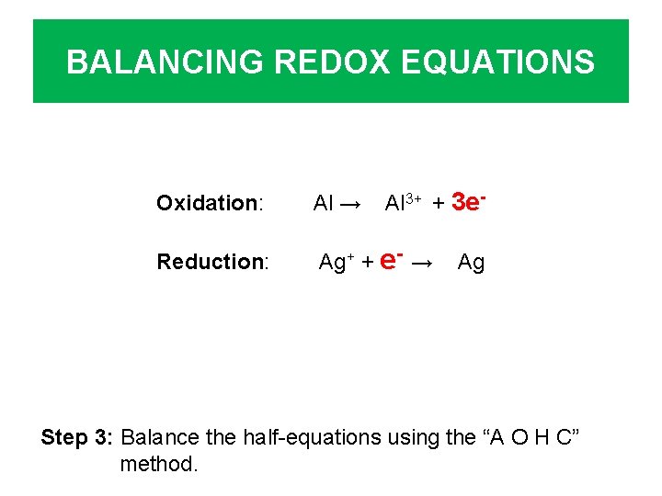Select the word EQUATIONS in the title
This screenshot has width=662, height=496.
click(506, 62)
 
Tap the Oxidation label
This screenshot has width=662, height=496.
click(211, 203)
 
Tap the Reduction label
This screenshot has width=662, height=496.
click(212, 262)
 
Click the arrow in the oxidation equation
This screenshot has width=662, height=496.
click(349, 204)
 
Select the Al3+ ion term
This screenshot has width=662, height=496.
click(403, 203)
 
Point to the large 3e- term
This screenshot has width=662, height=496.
click(468, 201)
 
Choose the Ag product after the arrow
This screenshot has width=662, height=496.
click(471, 263)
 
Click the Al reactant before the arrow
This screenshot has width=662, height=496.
click(322, 204)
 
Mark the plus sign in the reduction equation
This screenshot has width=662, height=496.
click(366, 263)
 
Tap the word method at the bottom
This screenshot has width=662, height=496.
click(158, 464)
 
